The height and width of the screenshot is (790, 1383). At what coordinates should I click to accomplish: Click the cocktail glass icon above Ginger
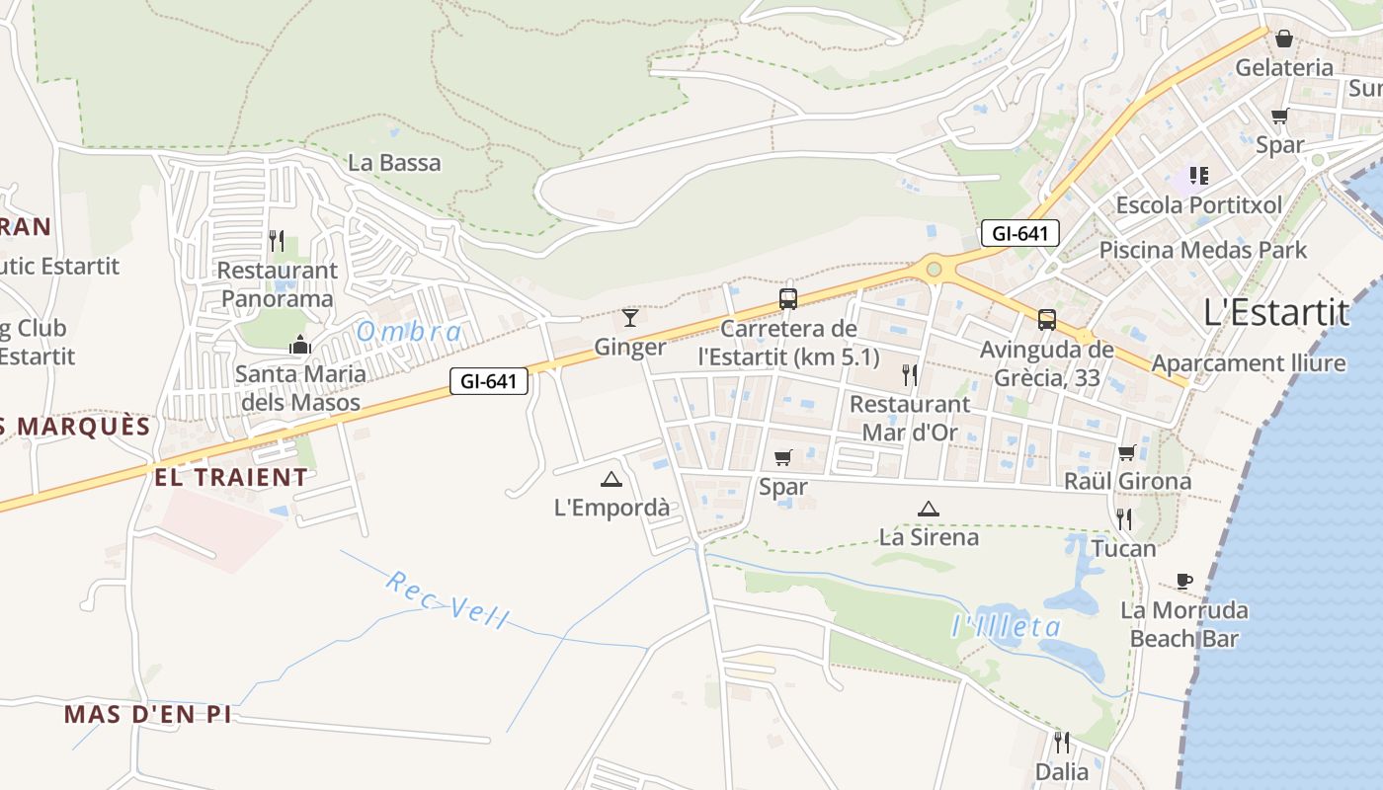tap(630, 317)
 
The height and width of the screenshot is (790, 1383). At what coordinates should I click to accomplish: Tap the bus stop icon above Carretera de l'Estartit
tap(788, 298)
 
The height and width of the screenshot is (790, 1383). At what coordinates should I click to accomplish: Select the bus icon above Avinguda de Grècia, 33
tap(1046, 319)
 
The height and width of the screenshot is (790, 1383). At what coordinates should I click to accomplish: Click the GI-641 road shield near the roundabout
tap(1020, 234)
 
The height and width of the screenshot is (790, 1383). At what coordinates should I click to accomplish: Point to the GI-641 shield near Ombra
tap(489, 381)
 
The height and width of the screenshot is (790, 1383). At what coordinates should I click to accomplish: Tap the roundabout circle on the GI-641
tap(934, 269)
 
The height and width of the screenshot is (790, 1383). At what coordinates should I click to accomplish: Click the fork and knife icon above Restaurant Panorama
tap(278, 240)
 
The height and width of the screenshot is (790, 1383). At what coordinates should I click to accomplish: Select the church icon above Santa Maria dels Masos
tap(299, 345)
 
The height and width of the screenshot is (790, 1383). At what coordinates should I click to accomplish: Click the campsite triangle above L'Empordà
tap(611, 480)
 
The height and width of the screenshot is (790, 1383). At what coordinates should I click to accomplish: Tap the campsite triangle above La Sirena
tap(928, 510)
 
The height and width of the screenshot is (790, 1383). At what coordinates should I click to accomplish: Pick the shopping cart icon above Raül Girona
tap(1126, 452)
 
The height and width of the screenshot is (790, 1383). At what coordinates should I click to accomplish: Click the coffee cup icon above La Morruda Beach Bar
tap(1184, 581)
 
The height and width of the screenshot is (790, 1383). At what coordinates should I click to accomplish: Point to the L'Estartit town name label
tap(1276, 312)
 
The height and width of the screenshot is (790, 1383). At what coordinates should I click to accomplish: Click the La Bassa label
tap(394, 163)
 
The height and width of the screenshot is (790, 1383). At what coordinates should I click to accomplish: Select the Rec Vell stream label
tap(447, 599)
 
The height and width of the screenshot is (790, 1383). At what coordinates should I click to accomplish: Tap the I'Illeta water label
tap(1006, 626)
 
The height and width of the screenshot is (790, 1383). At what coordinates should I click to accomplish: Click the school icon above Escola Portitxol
tap(1198, 176)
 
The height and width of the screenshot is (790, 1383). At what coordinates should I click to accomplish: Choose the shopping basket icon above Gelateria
tap(1284, 39)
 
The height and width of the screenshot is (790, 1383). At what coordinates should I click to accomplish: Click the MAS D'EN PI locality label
tap(148, 714)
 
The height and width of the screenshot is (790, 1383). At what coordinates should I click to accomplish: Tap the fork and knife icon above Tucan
tap(1123, 518)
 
